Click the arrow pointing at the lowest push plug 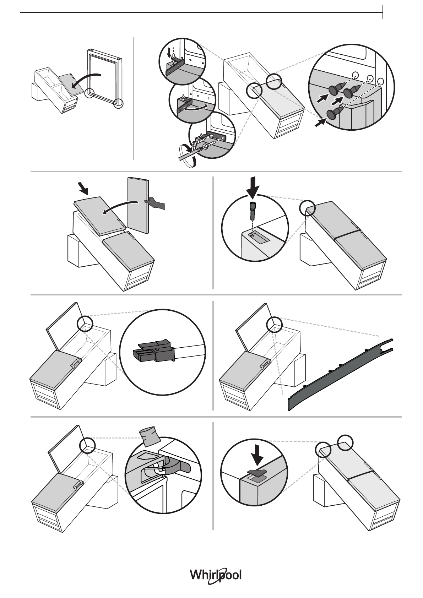pos(321,123)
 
